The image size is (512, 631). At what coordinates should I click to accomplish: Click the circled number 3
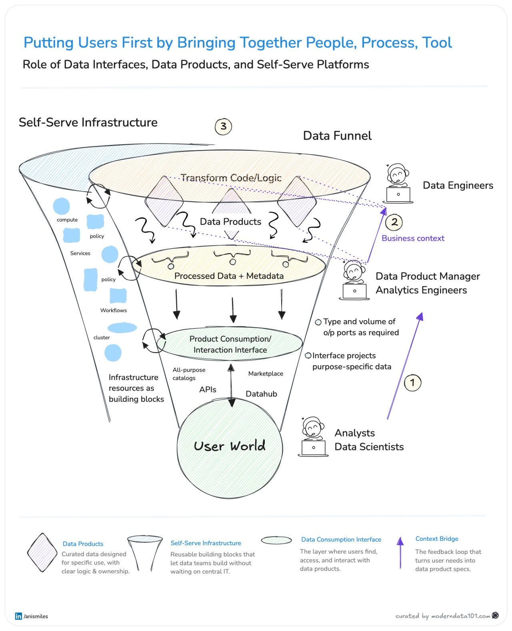tap(223, 126)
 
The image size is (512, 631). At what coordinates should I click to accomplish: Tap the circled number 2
tap(394, 222)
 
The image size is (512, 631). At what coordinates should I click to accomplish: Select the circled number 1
tap(412, 383)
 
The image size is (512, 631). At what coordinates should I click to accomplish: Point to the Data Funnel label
tap(337, 136)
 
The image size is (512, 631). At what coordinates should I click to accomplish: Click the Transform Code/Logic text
tap(231, 178)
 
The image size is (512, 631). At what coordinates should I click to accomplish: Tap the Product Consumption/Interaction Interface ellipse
tap(230, 344)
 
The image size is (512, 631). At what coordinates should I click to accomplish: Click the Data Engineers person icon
tap(398, 184)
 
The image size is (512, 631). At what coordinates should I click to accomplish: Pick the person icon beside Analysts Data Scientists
tap(313, 437)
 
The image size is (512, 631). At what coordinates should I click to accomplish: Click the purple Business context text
tap(413, 238)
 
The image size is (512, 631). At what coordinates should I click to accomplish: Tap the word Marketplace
tap(266, 374)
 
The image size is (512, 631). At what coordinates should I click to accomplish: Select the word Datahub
tap(261, 394)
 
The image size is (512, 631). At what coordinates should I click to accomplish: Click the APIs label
tap(208, 390)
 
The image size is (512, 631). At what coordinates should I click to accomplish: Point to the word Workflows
tap(113, 310)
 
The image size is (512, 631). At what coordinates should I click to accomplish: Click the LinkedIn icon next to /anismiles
tap(18, 616)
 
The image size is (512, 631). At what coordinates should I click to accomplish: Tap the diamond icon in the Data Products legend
tap(42, 553)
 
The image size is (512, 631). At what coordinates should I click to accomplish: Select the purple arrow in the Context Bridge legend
tap(400, 553)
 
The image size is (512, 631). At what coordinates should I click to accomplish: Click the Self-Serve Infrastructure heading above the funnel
tap(88, 122)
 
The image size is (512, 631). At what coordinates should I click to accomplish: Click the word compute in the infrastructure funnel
tap(67, 220)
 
